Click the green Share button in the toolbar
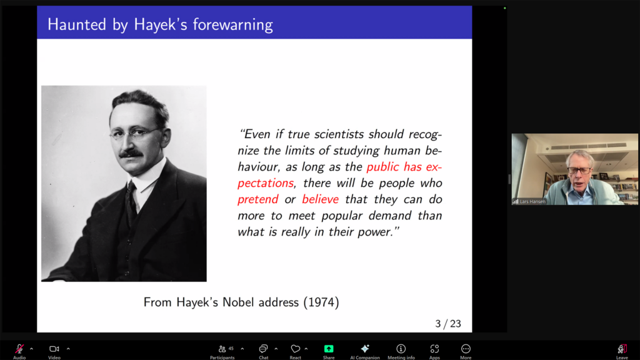(x=329, y=349)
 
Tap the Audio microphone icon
(x=19, y=349)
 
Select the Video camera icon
(x=54, y=349)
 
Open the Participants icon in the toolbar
(x=222, y=349)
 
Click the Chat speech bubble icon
(x=263, y=349)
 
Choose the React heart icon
(x=295, y=349)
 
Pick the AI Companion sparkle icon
(x=365, y=348)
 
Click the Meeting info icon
(x=401, y=349)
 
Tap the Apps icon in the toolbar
(x=434, y=349)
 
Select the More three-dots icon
(x=466, y=349)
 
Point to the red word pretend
(x=258, y=199)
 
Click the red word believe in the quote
(x=321, y=199)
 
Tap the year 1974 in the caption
(x=321, y=302)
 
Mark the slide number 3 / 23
(x=448, y=324)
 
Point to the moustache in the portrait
(x=131, y=154)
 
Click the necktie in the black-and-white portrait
(x=131, y=204)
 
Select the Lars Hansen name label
(x=532, y=201)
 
